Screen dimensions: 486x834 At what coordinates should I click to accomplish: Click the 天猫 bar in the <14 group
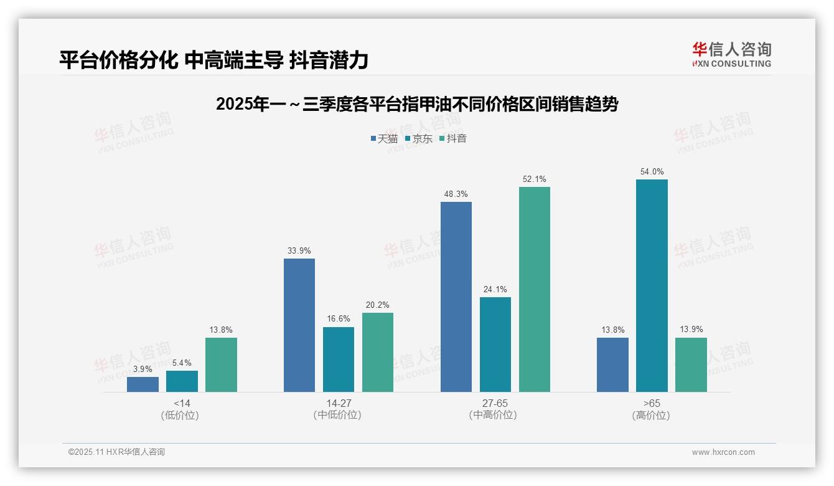[x=143, y=384]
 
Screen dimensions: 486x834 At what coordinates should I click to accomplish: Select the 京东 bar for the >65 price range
[x=652, y=285]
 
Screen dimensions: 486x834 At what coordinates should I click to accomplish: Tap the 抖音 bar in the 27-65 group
[x=535, y=289]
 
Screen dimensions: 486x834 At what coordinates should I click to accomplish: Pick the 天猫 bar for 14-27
[x=299, y=325]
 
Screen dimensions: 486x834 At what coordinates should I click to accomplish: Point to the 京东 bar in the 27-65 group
[x=495, y=345]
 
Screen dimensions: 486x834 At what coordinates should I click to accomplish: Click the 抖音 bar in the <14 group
[x=221, y=364]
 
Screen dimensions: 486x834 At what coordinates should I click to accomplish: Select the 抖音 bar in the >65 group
[x=691, y=364]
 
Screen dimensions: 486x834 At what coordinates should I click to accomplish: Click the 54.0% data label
[x=652, y=171]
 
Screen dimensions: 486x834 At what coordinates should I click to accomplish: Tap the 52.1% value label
[x=535, y=179]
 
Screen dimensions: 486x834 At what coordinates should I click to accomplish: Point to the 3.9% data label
[x=143, y=369]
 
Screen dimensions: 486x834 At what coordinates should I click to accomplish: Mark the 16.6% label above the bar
[x=339, y=319]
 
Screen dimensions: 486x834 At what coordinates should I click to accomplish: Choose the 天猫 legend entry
[x=384, y=138]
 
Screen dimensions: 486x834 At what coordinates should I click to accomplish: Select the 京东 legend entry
[x=418, y=138]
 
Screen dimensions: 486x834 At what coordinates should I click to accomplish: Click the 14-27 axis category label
[x=339, y=403]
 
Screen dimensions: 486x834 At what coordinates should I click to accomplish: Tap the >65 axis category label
[x=652, y=403]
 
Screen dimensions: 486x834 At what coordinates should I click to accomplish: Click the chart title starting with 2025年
[x=417, y=104]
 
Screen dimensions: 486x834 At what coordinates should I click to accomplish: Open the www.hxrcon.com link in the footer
[x=723, y=452]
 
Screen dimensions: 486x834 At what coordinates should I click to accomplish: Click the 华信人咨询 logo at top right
[x=731, y=54]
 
